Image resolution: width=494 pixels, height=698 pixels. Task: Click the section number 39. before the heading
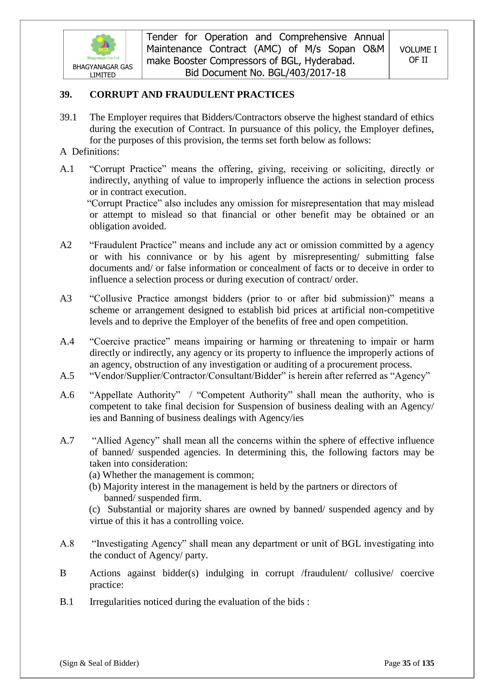point(66,95)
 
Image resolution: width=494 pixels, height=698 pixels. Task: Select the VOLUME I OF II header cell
point(418,55)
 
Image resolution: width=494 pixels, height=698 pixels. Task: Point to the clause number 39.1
point(68,117)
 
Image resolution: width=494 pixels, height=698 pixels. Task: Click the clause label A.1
point(67,169)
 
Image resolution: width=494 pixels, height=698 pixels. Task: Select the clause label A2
point(66,245)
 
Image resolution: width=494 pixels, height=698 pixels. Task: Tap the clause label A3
point(66,299)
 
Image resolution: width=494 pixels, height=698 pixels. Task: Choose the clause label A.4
point(67,342)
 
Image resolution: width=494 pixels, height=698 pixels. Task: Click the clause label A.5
point(67,376)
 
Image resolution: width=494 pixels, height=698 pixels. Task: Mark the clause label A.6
point(67,395)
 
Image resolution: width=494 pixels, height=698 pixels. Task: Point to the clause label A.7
point(67,441)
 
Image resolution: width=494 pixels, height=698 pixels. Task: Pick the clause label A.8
point(67,544)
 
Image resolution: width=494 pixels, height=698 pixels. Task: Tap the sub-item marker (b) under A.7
point(95,487)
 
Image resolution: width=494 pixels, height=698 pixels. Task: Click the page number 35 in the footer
point(406,663)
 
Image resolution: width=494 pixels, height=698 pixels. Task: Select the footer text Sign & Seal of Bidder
point(99,663)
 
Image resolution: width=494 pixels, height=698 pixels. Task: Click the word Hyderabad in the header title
point(329,61)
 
